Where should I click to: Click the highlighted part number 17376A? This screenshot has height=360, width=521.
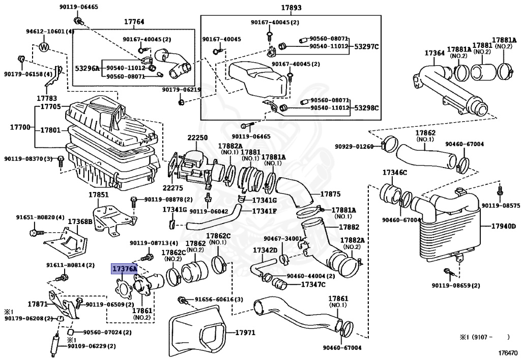[x=124, y=268]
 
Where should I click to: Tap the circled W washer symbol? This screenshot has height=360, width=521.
[x=44, y=47]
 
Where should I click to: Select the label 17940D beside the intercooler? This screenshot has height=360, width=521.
[x=504, y=226]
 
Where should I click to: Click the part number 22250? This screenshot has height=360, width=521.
[x=197, y=139]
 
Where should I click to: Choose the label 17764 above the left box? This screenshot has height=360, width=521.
[x=134, y=22]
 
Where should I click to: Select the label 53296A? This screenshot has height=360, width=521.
[x=88, y=68]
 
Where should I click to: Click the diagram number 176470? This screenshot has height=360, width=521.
[x=508, y=352]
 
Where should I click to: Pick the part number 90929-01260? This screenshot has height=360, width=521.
[x=354, y=147]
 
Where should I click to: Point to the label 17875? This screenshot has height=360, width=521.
[x=330, y=194]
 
